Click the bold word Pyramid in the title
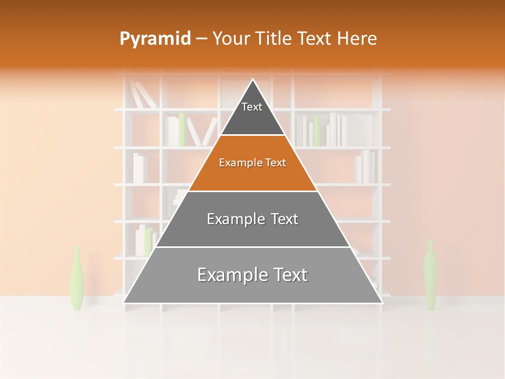(x=155, y=38)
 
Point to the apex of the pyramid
(x=253, y=80)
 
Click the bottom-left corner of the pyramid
(x=124, y=303)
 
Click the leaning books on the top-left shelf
(x=143, y=95)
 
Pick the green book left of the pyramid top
(x=182, y=129)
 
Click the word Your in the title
(x=229, y=38)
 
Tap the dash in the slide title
(x=201, y=39)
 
